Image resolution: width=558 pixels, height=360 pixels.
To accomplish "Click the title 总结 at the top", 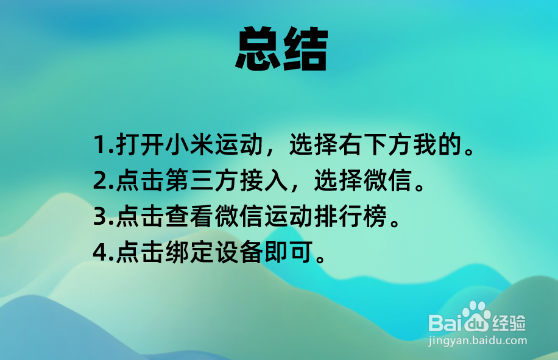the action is pos(281,49).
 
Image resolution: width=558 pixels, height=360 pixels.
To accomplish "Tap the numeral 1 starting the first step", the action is pos(99,144).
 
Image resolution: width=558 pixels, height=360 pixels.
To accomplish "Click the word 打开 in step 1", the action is pos(140,144).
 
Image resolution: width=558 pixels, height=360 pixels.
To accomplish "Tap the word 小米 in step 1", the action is pos(189,144).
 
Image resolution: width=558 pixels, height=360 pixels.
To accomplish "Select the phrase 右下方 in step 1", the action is pos(376,144).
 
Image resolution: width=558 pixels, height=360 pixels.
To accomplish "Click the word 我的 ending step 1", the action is pos(437,144).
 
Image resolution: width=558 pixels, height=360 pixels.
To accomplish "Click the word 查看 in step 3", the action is pos(189,216).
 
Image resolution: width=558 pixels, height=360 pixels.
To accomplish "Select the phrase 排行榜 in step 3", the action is pos(351,216).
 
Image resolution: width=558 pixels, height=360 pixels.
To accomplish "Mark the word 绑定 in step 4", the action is pos(189,252).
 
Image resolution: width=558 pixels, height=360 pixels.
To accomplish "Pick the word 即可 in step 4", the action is pos(289,252).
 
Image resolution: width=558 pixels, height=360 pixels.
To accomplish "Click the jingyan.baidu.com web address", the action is pos(478,341).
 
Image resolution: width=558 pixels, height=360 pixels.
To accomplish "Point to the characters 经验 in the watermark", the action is pos(509,323).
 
